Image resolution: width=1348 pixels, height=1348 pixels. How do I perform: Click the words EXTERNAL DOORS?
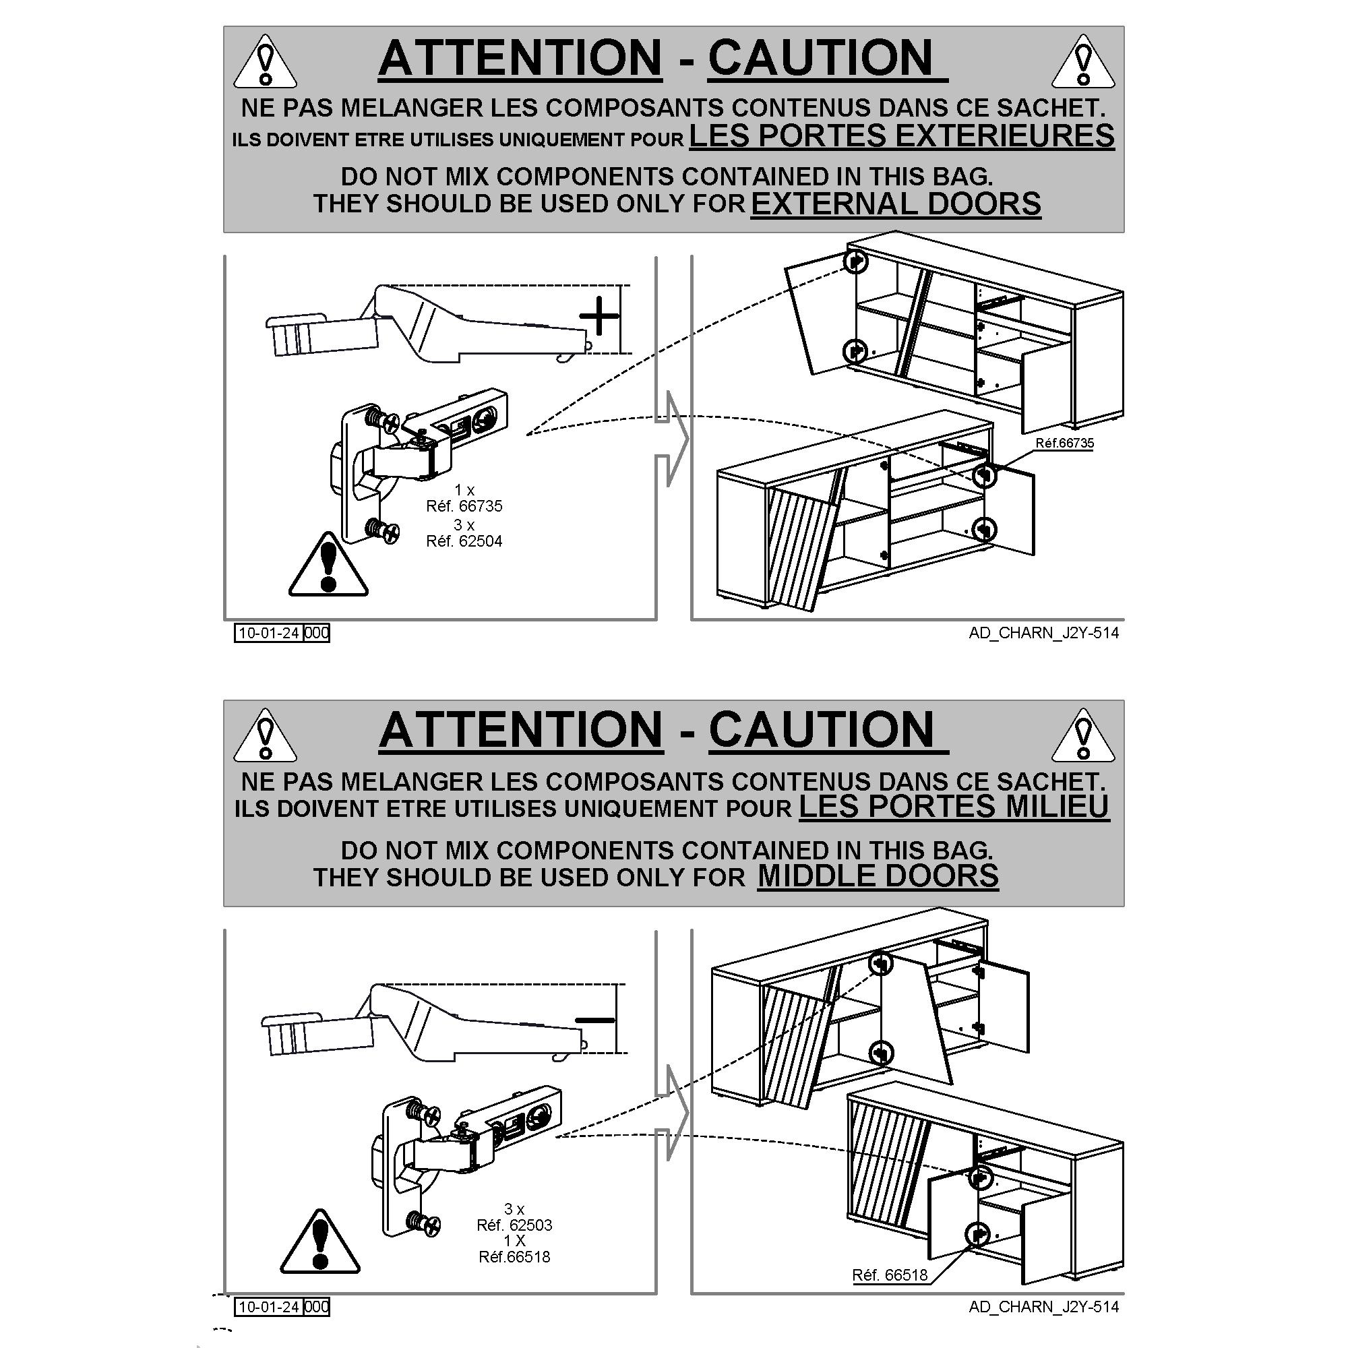coord(895,204)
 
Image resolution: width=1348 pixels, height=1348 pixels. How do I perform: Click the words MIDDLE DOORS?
coord(878,876)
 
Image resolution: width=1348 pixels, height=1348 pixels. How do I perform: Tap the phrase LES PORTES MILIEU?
coord(954,807)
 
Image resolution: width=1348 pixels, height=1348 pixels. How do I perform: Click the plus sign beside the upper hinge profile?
coord(599,317)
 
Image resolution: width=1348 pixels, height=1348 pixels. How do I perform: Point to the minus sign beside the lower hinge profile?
coord(594,1020)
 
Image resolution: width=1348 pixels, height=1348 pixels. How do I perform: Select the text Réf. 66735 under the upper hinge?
coord(464,506)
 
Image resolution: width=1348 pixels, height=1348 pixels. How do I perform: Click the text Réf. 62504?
coord(464,541)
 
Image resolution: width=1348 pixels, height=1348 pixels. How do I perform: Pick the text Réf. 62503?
coord(514,1225)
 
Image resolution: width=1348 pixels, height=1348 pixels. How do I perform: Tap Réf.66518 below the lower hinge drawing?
coord(514,1257)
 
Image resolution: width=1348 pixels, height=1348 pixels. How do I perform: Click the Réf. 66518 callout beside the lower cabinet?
coord(890,1275)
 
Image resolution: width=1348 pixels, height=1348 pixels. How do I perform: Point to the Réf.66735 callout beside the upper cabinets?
coord(1064,443)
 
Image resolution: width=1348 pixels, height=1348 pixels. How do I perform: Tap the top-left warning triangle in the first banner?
coord(264,63)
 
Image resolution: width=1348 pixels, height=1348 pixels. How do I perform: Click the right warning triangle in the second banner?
coord(1082,737)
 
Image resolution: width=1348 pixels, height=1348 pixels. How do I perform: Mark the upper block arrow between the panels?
coord(671,438)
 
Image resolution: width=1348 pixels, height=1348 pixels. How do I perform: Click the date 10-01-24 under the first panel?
coord(269,633)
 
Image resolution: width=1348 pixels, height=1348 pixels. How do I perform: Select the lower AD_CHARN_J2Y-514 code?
coord(1043,1307)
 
